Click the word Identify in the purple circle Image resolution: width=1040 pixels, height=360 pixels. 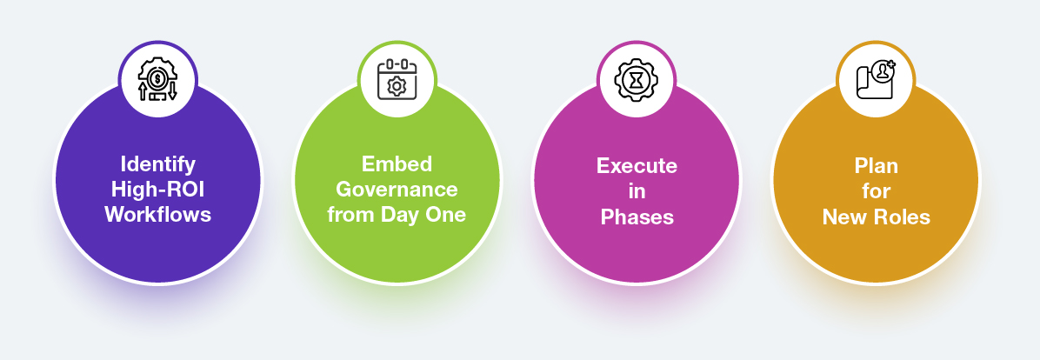coord(158,163)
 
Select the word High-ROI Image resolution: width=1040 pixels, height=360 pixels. coord(158,189)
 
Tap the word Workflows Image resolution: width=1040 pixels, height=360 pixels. coord(158,214)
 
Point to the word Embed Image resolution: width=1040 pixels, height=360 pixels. coord(397,163)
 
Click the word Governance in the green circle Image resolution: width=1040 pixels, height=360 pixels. coord(397,189)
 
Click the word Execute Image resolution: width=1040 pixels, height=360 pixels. coord(637,165)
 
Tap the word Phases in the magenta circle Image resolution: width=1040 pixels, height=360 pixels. coord(637,217)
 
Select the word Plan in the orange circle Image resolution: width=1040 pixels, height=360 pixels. coord(877,165)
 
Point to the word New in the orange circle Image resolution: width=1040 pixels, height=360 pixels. coord(844,217)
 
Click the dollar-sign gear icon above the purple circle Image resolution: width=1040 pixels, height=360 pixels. coord(158,80)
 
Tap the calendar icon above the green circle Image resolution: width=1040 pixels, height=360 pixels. coord(397,79)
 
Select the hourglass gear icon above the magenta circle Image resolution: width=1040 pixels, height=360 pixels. coord(637,80)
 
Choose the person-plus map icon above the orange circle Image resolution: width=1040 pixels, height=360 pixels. coord(876,79)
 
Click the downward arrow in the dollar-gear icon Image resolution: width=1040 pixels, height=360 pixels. coord(172,91)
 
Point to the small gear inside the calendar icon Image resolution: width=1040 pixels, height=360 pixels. coord(397,86)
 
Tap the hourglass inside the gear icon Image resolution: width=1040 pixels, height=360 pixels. coord(637,80)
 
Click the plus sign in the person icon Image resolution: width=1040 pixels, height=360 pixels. coord(890,64)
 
